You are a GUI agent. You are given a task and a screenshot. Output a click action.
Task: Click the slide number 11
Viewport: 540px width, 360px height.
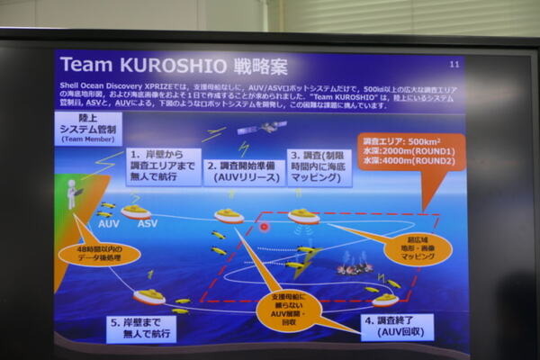[454, 65]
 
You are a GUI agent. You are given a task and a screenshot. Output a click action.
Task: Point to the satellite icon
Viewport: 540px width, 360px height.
[268, 129]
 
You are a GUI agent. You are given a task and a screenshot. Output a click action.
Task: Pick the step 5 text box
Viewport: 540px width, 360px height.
[140, 328]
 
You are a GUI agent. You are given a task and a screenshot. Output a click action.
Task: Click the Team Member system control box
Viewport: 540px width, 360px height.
[88, 127]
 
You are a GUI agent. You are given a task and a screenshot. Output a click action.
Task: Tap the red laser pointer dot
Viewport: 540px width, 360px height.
[265, 226]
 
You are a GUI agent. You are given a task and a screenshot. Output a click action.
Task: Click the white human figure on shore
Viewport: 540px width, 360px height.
[72, 193]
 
